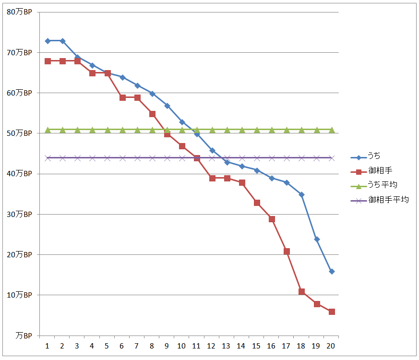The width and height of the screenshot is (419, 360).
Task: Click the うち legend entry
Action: pos(374,156)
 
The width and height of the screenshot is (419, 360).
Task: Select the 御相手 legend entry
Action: pos(378,171)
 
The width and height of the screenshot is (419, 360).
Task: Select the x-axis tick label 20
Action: pos(331,346)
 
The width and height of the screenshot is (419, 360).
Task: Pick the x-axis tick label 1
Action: pos(48,346)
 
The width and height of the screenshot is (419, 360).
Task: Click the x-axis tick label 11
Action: pos(197,346)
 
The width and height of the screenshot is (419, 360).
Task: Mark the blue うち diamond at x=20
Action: pos(332,272)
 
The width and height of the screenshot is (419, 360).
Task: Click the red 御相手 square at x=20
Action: pos(332,312)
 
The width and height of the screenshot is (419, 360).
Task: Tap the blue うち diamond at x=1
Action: pos(48,41)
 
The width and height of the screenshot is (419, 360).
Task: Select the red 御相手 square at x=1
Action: pos(48,61)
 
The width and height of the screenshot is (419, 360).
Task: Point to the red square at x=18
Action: pos(301,292)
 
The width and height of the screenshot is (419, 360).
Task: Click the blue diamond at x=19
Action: pos(317,239)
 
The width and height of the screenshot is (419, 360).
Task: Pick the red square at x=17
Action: pos(287,251)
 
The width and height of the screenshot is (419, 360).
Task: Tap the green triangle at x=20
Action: pos(332,130)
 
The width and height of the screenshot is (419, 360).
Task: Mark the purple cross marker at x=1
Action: pos(48,158)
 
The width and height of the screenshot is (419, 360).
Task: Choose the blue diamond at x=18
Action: pos(301,194)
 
